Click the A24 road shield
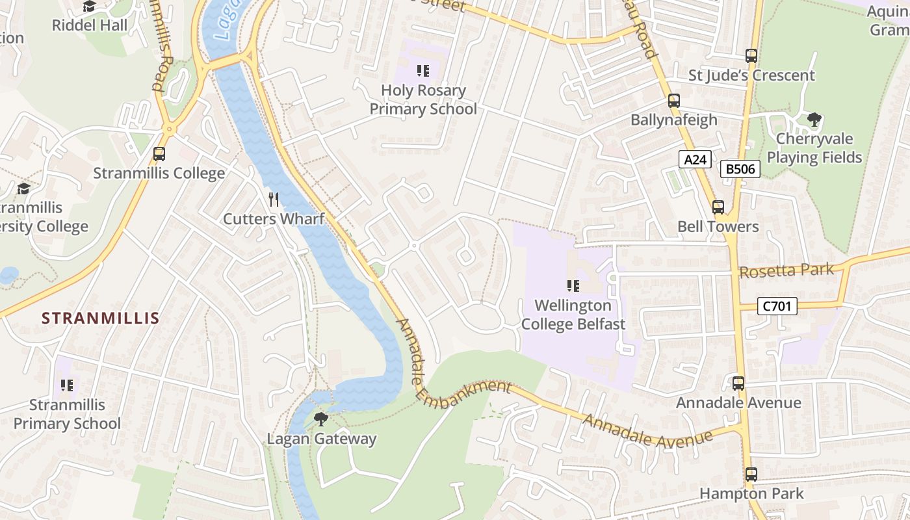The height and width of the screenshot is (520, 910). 695,159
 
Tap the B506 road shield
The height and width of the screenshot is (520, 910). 740,169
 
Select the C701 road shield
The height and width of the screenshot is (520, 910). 777,305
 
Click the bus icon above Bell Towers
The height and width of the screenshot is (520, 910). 718,207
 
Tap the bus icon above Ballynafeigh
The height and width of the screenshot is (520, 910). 674,101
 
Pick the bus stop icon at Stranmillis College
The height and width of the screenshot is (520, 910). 159,154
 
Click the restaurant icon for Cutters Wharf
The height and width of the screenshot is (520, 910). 274,200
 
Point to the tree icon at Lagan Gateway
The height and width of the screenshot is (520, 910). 321,419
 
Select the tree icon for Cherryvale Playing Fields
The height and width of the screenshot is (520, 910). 814,120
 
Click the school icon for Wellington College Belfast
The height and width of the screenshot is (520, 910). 573,285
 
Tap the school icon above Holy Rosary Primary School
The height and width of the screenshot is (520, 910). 423,71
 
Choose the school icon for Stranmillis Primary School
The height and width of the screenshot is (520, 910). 67,385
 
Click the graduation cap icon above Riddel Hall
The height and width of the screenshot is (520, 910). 89,6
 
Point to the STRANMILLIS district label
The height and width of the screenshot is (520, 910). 100,318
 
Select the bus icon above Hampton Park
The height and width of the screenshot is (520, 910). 751,474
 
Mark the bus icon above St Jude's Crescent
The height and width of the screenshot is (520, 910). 751,56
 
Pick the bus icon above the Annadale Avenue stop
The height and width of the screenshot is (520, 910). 738,383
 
